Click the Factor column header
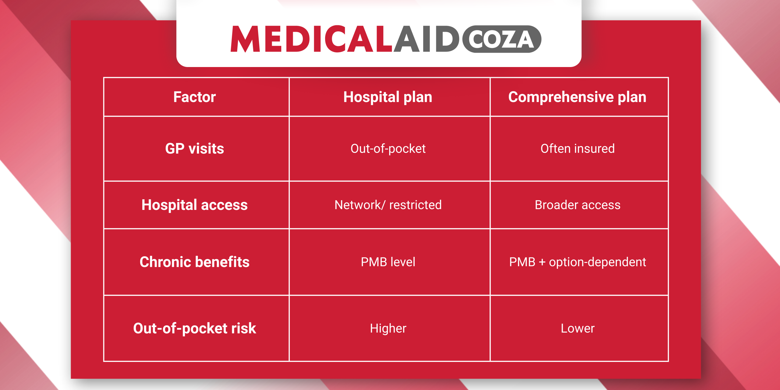194,97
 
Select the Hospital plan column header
388,97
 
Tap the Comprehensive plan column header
577,97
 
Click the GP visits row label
194,149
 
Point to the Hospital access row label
194,205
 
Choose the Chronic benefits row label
194,262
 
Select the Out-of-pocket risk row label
194,328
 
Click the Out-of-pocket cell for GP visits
388,149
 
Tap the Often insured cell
577,149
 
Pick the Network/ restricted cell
388,205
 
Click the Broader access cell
577,205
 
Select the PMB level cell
388,262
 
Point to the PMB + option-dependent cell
577,262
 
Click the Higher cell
388,328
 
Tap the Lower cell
577,328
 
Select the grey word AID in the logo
426,39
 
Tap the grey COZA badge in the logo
502,39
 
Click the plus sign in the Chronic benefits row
542,262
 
